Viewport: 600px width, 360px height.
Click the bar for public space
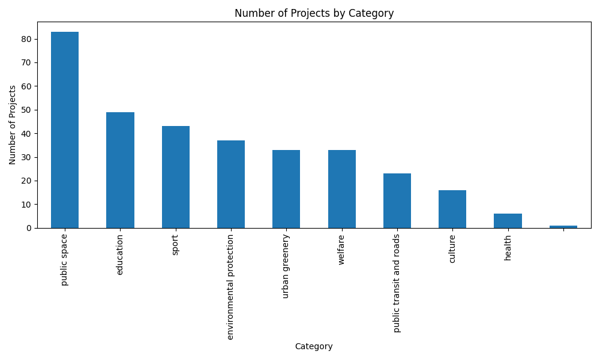[65, 130]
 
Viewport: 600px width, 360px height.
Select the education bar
[120, 170]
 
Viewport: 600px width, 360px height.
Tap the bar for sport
[176, 177]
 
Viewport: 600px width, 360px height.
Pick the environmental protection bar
[231, 184]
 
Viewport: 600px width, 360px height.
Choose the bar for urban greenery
[286, 189]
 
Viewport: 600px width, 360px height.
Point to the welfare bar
[342, 189]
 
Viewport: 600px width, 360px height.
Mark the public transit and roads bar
[397, 200]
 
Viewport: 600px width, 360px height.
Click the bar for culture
[452, 209]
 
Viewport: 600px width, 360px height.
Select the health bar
[508, 221]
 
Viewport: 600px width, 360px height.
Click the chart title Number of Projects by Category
[314, 13]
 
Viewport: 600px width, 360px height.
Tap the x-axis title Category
[314, 346]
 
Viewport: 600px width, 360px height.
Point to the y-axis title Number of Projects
[13, 125]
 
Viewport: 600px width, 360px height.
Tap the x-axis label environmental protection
[231, 287]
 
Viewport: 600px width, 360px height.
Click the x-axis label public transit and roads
[397, 283]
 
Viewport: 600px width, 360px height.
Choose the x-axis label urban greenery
[286, 266]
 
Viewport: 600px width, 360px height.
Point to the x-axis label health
[508, 247]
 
